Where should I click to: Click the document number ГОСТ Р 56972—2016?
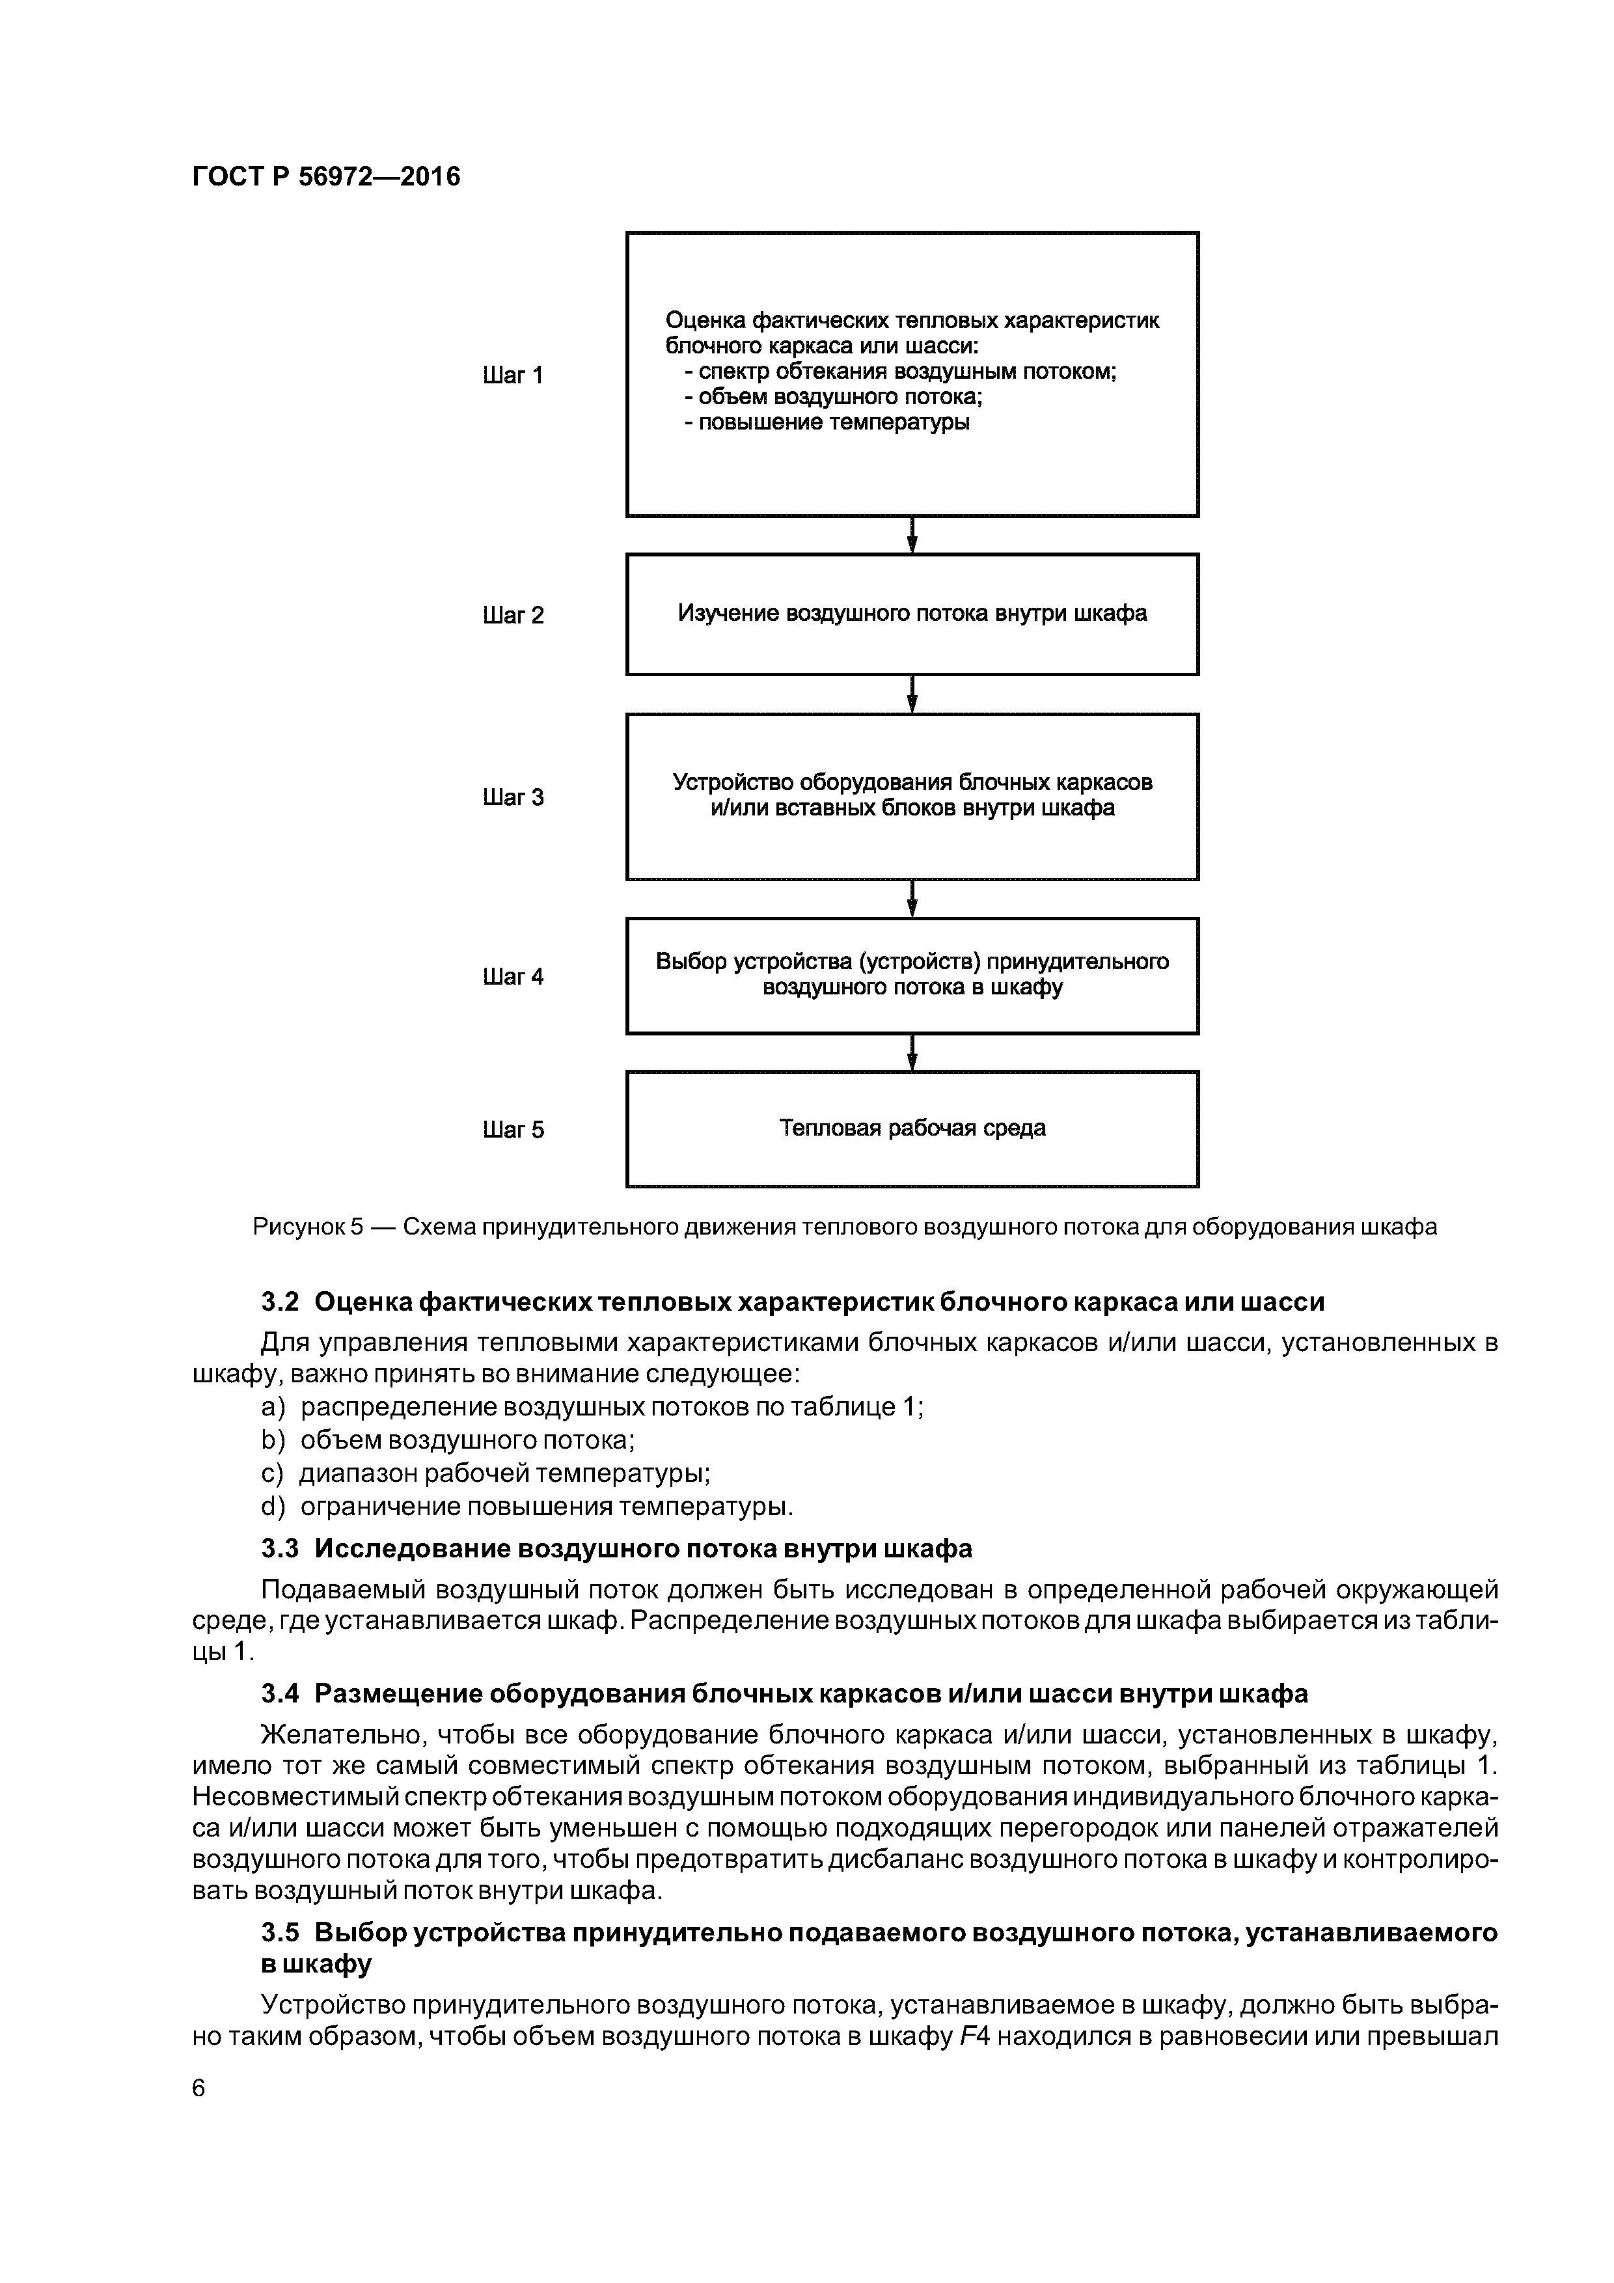[326, 177]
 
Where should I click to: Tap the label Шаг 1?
[513, 375]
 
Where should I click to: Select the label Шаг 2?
[513, 616]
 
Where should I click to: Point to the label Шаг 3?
[513, 797]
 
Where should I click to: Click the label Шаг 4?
[513, 976]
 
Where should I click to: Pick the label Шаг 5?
[513, 1130]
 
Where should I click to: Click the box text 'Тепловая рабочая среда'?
[912, 1128]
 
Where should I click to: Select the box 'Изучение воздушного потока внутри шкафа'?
[912, 614]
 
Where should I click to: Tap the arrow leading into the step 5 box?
[912, 1053]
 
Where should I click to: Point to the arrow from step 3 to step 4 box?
[912, 899]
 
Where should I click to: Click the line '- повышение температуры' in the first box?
[827, 422]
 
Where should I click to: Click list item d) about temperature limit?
[527, 1507]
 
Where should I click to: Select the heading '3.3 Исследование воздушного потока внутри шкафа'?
[616, 1549]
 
